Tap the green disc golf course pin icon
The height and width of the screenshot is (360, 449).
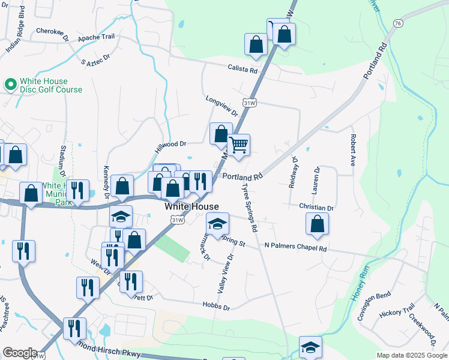[10, 85]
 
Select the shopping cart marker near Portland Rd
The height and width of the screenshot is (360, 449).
[238, 145]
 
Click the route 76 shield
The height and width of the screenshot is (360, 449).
[398, 23]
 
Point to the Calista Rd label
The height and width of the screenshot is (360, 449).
[242, 69]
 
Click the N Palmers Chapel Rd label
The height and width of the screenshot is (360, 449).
[296, 247]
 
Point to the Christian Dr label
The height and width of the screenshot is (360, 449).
[316, 208]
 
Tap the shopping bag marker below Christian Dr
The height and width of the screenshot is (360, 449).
[317, 224]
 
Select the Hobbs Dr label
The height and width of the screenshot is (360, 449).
[218, 307]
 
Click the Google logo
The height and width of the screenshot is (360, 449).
[20, 353]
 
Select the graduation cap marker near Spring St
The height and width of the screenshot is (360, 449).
[217, 224]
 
